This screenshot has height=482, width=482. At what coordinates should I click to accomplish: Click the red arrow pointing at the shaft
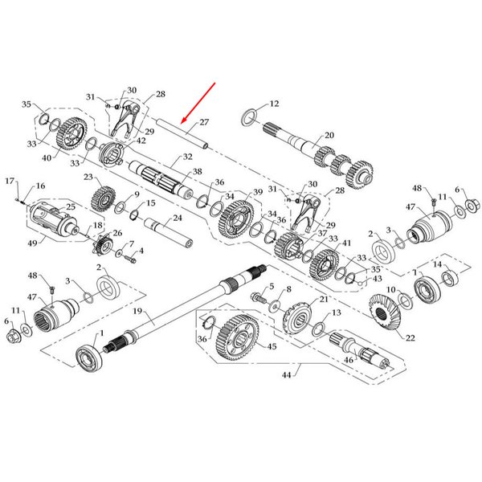click(x=198, y=103)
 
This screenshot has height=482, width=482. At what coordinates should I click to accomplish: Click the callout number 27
click(x=204, y=122)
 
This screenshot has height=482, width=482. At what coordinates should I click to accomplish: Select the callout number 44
click(x=286, y=375)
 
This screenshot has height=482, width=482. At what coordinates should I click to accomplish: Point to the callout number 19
click(x=137, y=311)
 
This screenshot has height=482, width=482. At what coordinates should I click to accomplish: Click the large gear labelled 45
click(x=238, y=337)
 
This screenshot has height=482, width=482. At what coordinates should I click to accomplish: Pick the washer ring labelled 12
click(x=249, y=116)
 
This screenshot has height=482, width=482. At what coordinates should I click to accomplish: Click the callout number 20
click(x=329, y=135)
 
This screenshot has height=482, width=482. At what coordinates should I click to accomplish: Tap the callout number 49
click(x=32, y=243)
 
